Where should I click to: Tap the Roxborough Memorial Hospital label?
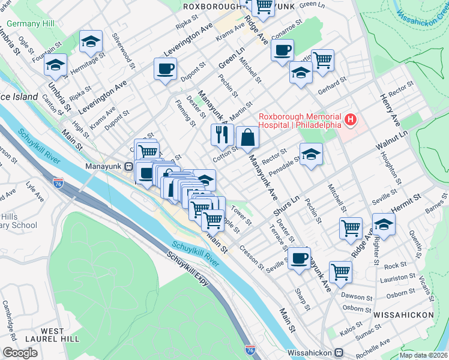(x=300, y=121)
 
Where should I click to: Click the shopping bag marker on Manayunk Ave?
(x=247, y=137)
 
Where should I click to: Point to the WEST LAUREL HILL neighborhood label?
(x=52, y=335)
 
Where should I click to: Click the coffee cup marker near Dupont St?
(x=165, y=69)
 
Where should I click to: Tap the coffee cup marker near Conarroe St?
(x=282, y=50)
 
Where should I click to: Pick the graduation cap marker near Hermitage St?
(x=91, y=41)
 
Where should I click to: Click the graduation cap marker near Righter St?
(x=383, y=225)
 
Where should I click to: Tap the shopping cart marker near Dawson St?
(x=340, y=271)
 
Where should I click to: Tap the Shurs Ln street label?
(x=286, y=208)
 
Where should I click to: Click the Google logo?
(x=20, y=353)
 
